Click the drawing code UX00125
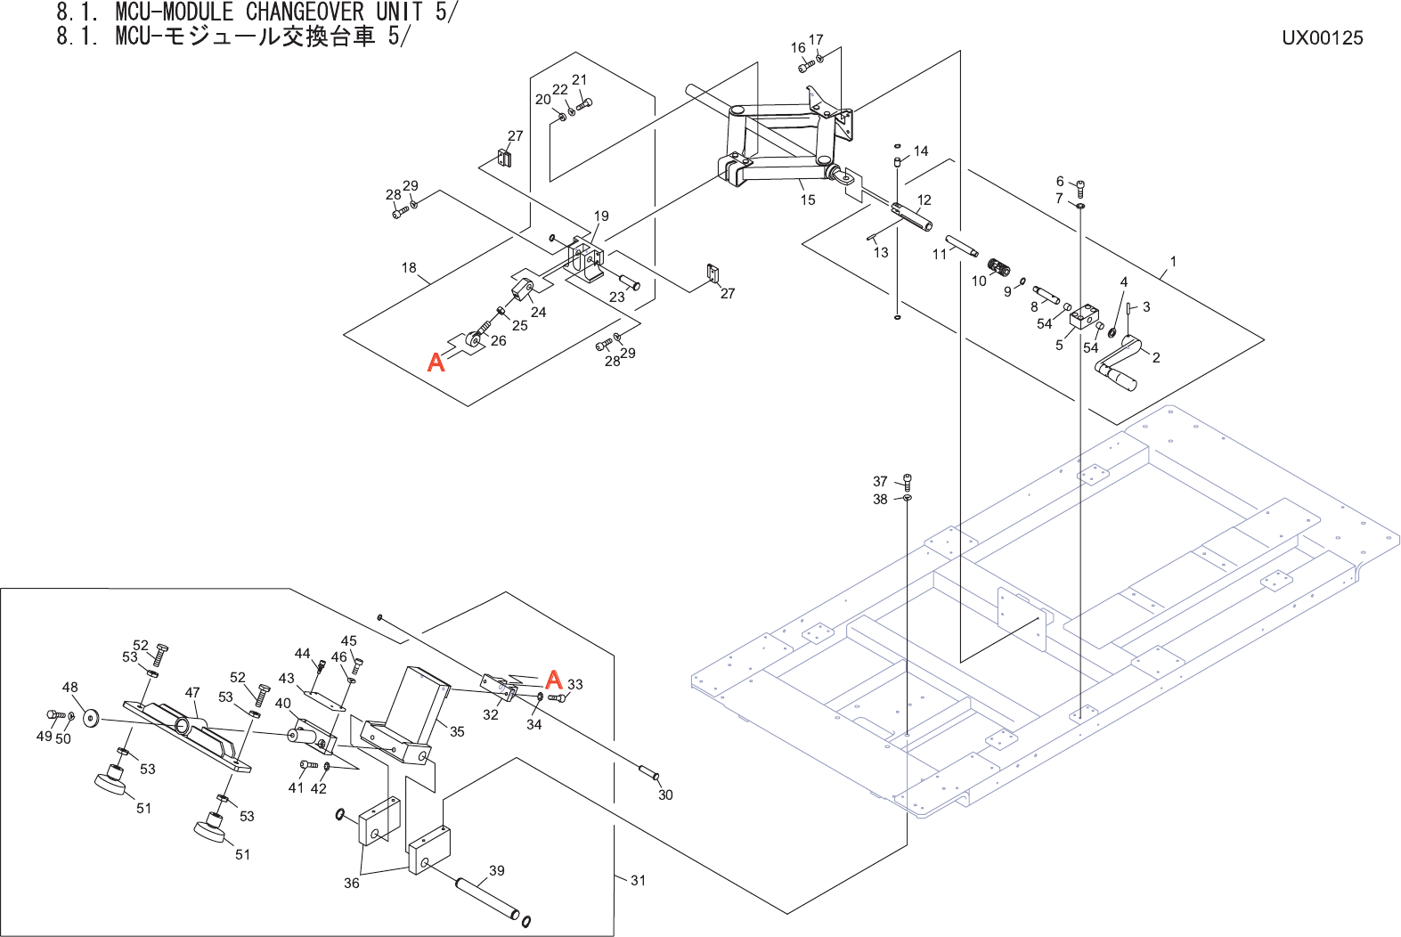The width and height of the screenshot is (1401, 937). click(1323, 37)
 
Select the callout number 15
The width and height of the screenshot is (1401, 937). click(808, 200)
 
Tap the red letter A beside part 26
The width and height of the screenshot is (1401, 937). click(436, 362)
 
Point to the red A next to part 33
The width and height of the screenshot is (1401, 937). click(554, 679)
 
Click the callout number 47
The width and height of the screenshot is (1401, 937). click(192, 692)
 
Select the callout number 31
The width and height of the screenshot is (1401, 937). click(638, 880)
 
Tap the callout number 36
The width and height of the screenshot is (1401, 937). click(352, 883)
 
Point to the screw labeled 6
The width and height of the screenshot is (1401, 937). click(1080, 188)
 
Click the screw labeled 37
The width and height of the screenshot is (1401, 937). click(908, 482)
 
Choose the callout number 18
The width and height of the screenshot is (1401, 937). click(409, 268)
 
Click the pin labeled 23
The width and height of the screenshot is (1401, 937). click(629, 281)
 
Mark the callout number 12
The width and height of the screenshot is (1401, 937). click(924, 200)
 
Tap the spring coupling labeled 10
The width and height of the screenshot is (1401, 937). click(998, 268)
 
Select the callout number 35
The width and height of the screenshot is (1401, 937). click(457, 731)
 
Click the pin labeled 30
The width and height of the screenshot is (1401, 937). click(648, 772)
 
